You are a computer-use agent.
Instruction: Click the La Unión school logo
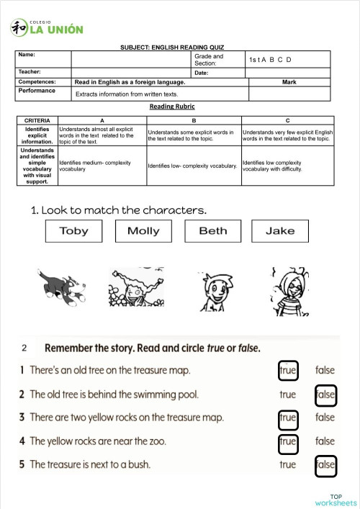[47, 28]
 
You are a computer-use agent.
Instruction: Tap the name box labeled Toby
[73, 230]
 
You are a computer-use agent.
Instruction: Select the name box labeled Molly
[143, 230]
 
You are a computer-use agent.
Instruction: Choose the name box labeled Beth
[212, 230]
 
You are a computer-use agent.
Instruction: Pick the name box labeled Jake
[280, 230]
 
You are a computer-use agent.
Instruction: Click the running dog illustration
[63, 286]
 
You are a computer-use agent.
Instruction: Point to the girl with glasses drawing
[288, 291]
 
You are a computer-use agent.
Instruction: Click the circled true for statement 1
[287, 370]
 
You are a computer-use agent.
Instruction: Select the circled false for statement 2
[325, 395]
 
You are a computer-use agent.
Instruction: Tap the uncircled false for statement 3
[325, 417]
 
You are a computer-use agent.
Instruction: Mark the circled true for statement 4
[287, 441]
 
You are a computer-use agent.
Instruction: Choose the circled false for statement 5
[325, 464]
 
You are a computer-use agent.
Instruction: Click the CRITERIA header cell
[37, 120]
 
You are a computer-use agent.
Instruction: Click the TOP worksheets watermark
[336, 499]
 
